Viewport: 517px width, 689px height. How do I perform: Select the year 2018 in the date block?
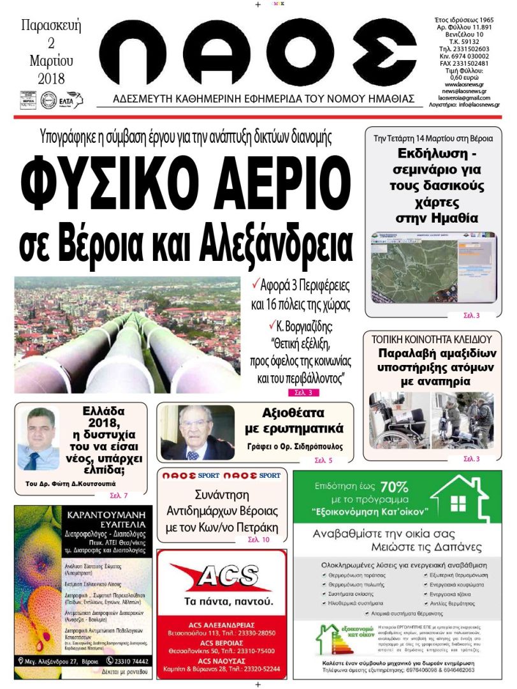click(x=51, y=79)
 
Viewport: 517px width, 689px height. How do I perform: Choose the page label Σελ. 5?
click(x=323, y=460)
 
